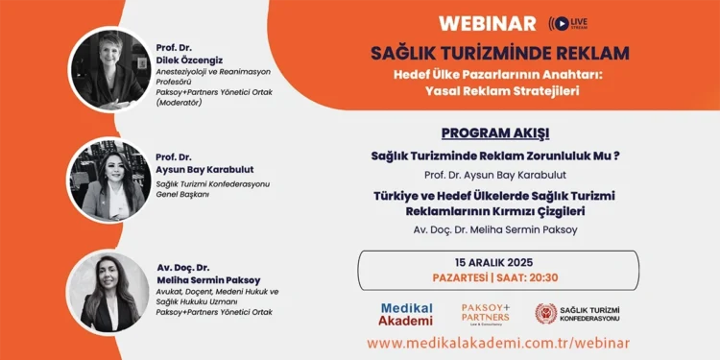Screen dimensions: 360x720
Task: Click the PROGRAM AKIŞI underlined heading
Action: point(495,133)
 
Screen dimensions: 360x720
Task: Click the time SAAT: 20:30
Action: point(538,277)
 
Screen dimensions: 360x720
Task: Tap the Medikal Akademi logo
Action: point(406,314)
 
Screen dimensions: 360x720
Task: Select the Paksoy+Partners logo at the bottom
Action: point(485,313)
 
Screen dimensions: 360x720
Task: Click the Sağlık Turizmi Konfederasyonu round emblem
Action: point(545,314)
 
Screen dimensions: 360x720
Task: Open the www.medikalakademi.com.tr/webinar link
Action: point(498,343)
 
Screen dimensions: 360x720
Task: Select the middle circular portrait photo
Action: point(108,179)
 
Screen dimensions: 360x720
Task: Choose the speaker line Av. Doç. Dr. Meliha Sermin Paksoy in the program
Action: point(495,229)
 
